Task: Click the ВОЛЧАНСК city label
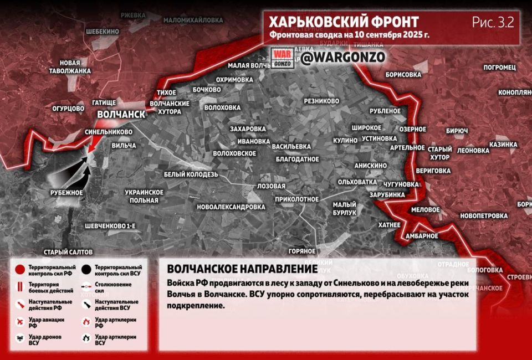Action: click(121, 114)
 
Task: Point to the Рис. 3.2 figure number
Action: click(493, 22)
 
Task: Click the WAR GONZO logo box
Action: click(282, 58)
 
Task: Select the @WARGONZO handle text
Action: click(343, 57)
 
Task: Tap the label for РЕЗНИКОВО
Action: click(321, 101)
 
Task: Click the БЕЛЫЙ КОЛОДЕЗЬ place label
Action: click(191, 174)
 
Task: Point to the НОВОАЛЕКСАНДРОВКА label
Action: click(231, 207)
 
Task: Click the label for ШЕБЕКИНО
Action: click(102, 32)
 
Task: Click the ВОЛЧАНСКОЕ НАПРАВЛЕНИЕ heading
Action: click(242, 269)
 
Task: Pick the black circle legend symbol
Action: click(86, 270)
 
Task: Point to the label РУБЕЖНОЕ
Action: click(66, 193)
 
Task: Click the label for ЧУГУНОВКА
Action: click(400, 184)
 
